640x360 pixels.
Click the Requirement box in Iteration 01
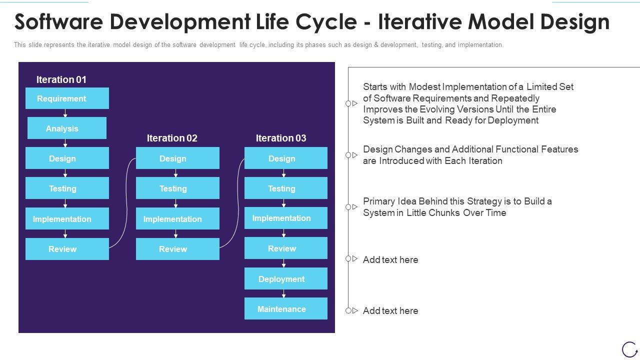point(67,98)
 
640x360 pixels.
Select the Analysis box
point(67,128)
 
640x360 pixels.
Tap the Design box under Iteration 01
point(67,158)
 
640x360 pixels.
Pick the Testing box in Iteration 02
point(177,188)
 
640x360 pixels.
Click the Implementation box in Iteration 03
point(285,218)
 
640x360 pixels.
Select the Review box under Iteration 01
point(67,249)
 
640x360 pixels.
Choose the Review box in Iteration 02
point(177,249)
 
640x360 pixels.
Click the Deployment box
point(285,279)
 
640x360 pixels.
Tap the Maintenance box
point(285,309)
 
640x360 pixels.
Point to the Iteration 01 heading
point(61,79)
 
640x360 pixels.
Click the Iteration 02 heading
point(172,138)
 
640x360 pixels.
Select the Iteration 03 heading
point(281,138)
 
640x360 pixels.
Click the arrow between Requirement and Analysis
point(65,113)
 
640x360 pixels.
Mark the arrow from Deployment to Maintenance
point(283,293)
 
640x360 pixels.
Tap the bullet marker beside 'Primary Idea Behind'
point(351,207)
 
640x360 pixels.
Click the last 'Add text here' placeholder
point(390,310)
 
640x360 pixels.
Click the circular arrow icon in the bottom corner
point(629,349)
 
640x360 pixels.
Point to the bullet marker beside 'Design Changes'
point(351,155)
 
